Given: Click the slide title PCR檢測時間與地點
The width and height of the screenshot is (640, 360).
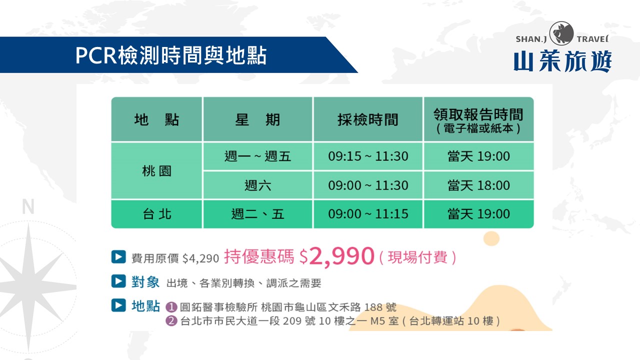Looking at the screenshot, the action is click(x=171, y=55).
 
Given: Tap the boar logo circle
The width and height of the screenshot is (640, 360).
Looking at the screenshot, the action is click(x=561, y=33).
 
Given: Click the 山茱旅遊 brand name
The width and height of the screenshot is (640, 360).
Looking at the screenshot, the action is click(x=562, y=61).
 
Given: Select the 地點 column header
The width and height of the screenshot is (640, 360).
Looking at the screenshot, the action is click(x=156, y=119).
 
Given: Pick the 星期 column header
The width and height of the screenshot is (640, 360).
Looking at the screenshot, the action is click(x=257, y=119).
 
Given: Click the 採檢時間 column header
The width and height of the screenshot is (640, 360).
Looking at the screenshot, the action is click(x=368, y=119).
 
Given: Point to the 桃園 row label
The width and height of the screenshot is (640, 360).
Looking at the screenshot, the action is click(x=156, y=171).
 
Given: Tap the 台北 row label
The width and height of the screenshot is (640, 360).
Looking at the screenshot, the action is click(x=157, y=213).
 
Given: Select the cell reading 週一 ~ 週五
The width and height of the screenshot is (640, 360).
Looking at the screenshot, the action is click(x=257, y=156).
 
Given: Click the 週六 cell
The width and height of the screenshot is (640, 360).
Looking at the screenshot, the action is click(x=257, y=185).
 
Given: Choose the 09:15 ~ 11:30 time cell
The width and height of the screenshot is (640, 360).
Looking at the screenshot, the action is click(x=368, y=156).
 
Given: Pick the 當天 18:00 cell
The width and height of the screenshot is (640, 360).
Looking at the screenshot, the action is click(x=478, y=185).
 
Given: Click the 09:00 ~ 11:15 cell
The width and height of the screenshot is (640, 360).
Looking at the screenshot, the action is click(x=368, y=213).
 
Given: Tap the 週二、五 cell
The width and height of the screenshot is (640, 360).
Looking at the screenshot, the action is click(x=257, y=213).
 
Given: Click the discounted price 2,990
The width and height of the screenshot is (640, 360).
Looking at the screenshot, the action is click(x=341, y=256).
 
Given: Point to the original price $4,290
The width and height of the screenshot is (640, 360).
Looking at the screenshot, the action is click(x=200, y=258).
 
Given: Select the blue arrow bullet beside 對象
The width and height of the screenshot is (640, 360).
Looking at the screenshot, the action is click(x=118, y=281).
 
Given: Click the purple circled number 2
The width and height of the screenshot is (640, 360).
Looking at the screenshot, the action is click(x=171, y=321).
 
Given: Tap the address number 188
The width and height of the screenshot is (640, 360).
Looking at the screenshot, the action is click(x=373, y=307).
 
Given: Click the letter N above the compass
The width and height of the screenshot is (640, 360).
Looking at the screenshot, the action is click(x=28, y=206).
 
